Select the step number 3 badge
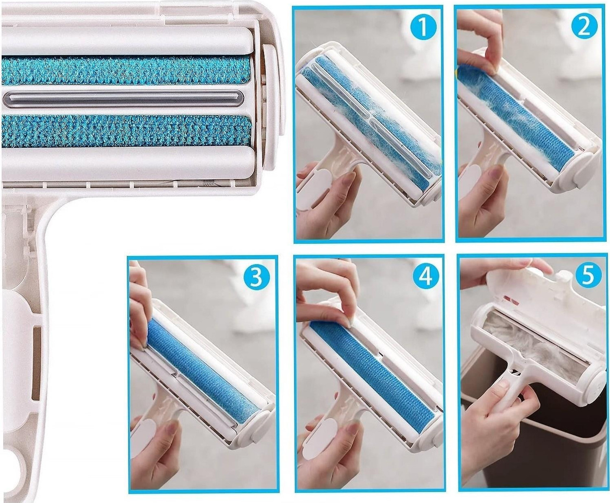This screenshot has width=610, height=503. (257, 278)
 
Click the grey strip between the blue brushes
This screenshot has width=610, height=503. (123, 99)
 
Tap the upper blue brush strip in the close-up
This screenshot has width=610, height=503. (126, 71)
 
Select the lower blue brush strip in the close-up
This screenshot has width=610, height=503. (126, 130)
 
